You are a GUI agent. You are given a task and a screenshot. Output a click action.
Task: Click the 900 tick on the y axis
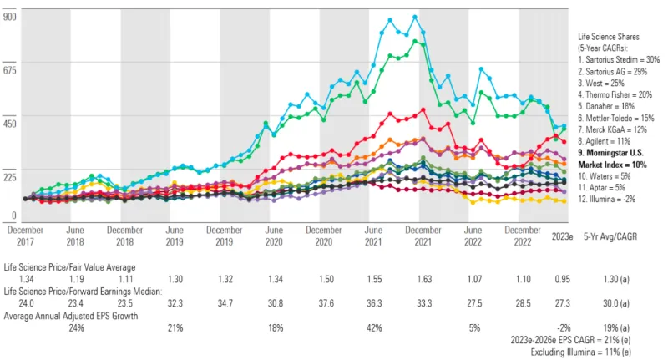click(10, 16)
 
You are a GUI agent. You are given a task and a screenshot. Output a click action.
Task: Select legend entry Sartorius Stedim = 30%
click(619, 60)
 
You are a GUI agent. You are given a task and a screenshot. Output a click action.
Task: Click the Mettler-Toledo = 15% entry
click(619, 119)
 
